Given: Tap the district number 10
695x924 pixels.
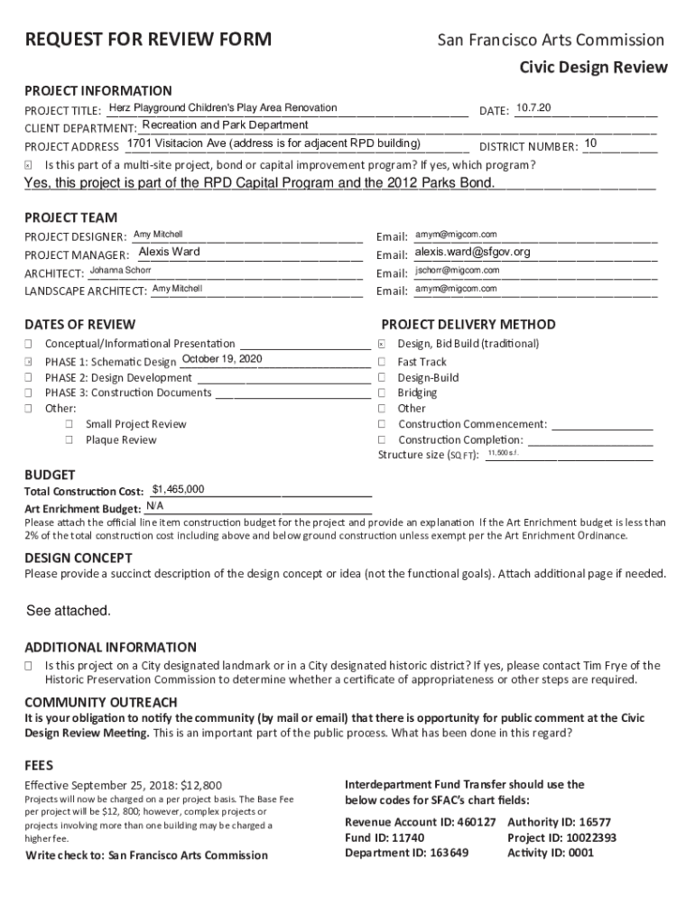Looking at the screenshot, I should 590,144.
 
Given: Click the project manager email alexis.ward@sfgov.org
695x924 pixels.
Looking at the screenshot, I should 472,252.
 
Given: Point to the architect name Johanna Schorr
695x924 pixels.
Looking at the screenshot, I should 120,271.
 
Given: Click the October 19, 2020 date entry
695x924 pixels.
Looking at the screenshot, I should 221,359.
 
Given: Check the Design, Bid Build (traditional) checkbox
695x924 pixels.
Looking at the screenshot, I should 382,344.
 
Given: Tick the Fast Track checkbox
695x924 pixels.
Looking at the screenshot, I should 382,362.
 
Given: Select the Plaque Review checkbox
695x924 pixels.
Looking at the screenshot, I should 69,440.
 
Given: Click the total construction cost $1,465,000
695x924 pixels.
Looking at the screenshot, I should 178,490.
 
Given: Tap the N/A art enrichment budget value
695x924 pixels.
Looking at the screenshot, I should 154,506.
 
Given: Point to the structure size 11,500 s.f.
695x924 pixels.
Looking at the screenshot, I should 503,452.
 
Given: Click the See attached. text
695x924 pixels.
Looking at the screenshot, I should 69,611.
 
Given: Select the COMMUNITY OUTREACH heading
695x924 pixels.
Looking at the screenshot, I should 101,702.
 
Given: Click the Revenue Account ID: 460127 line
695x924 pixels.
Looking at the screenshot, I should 421,822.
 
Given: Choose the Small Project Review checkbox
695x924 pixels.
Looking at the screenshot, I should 69,424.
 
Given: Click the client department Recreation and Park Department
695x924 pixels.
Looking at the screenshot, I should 225,125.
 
